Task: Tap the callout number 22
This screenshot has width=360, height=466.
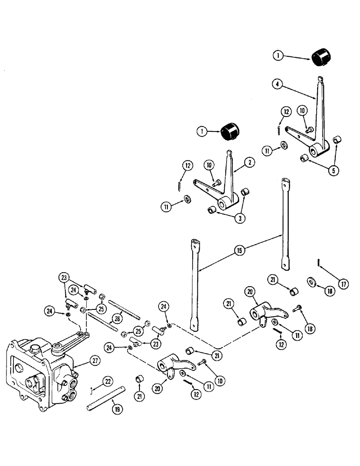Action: pyautogui.click(x=107, y=381)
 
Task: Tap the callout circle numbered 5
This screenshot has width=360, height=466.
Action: pyautogui.click(x=333, y=170)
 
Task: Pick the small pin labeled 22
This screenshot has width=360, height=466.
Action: pyautogui.click(x=95, y=389)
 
